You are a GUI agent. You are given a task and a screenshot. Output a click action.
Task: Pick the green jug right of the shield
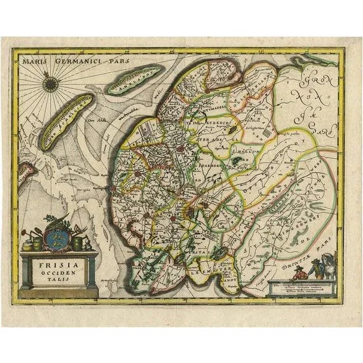click(77, 243)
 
